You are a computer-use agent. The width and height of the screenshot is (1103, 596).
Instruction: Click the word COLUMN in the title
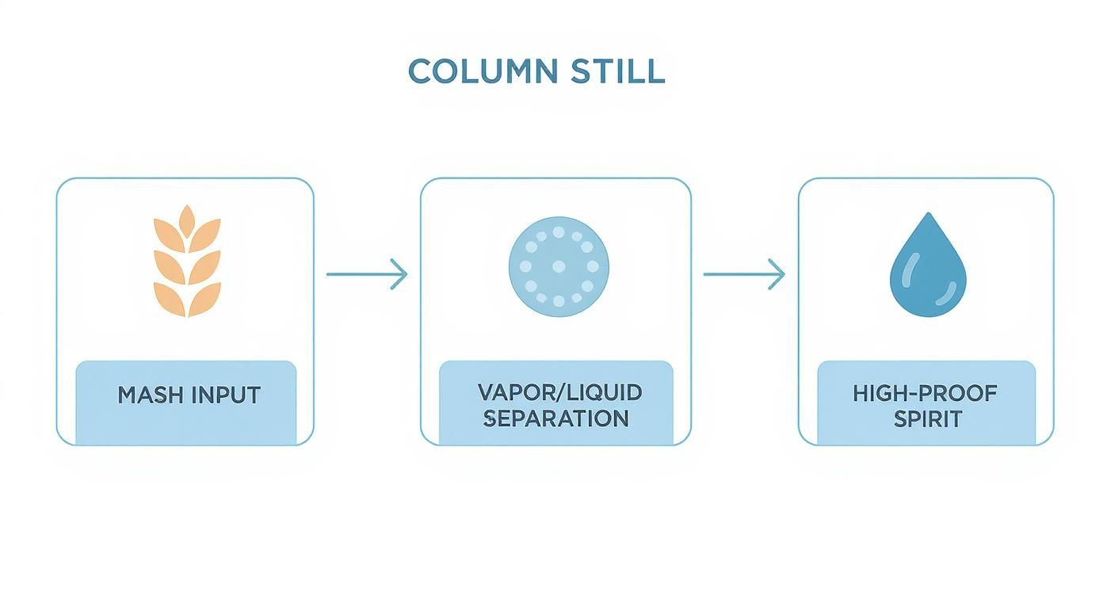tap(483, 71)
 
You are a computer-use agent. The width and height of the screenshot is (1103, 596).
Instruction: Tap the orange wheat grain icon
tap(187, 262)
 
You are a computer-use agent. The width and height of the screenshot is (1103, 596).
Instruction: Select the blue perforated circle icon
tap(558, 266)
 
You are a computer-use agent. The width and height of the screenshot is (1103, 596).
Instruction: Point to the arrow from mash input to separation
tap(366, 275)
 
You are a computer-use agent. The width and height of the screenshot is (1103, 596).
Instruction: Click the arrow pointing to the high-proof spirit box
tap(743, 275)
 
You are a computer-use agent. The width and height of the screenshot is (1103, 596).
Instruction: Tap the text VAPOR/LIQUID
tap(559, 392)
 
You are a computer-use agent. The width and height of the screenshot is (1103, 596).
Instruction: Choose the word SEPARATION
tap(555, 418)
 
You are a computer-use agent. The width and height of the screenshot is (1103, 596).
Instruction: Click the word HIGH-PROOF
tap(925, 392)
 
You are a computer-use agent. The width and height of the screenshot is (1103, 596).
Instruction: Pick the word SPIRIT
tap(927, 419)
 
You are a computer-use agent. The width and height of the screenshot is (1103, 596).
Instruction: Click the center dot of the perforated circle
tap(558, 266)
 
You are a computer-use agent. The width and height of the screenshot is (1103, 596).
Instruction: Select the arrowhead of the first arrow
tap(401, 275)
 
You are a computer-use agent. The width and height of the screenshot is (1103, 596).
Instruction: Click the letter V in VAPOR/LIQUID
tap(485, 392)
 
